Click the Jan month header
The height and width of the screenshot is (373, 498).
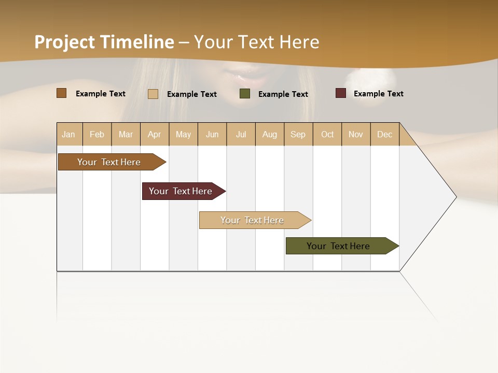tap(69, 134)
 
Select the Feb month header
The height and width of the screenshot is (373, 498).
tap(97, 134)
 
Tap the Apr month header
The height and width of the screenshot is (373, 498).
tap(155, 134)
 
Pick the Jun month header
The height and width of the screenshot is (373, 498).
tap(212, 134)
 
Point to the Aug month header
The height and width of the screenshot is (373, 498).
tap(270, 134)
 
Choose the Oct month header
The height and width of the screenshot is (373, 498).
tap(327, 134)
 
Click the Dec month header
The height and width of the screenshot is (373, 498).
tap(385, 134)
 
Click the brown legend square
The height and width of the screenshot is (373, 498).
tap(62, 93)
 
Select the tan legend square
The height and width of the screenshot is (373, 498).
tap(153, 94)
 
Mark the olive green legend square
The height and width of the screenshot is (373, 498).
tap(245, 94)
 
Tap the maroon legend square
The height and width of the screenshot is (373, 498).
tap(341, 93)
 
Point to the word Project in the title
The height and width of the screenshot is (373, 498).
tap(64, 42)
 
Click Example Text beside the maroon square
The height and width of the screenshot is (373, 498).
tap(378, 94)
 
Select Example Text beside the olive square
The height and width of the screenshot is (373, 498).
tap(283, 94)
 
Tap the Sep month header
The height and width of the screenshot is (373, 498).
tap(298, 134)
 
